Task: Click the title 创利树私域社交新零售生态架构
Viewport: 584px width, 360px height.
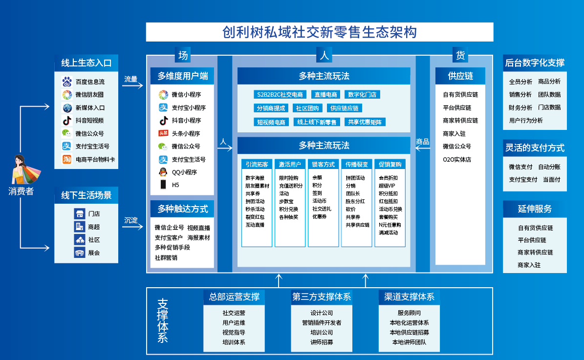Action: pyautogui.click(x=320, y=32)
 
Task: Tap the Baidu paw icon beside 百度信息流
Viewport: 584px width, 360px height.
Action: pyautogui.click(x=67, y=82)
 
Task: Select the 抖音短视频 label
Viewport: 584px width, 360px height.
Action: pyautogui.click(x=89, y=121)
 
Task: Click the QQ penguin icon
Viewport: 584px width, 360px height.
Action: pyautogui.click(x=163, y=172)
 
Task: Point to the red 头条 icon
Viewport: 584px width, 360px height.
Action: pyautogui.click(x=163, y=133)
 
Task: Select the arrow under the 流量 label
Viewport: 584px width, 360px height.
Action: pyautogui.click(x=132, y=85)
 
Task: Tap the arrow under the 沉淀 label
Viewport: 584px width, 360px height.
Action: pyautogui.click(x=132, y=227)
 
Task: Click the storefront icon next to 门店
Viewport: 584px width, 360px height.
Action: pyautogui.click(x=80, y=213)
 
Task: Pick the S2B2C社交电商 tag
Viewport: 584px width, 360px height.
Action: pyautogui.click(x=280, y=95)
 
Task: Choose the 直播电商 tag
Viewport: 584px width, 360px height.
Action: pyautogui.click(x=326, y=95)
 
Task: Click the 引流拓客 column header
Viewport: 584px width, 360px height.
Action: pyautogui.click(x=257, y=164)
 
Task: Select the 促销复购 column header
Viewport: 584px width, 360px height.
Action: pyautogui.click(x=390, y=164)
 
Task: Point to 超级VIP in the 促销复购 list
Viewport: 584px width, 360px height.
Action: pyautogui.click(x=387, y=186)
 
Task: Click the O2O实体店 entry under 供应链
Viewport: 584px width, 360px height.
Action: pyautogui.click(x=457, y=159)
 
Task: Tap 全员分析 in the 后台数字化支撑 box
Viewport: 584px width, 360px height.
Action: pyautogui.click(x=520, y=82)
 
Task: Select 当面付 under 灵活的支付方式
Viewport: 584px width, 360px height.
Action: pyautogui.click(x=552, y=179)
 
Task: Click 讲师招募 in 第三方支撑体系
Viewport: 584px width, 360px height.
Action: pyautogui.click(x=322, y=342)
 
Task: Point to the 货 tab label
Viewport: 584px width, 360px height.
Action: pyautogui.click(x=460, y=56)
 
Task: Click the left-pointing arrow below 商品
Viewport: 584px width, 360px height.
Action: pyautogui.click(x=422, y=148)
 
